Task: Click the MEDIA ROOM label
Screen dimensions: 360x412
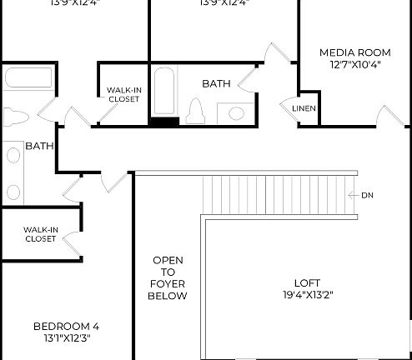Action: [354, 52]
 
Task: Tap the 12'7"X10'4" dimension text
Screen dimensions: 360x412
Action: [354, 65]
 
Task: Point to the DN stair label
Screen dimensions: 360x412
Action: [368, 195]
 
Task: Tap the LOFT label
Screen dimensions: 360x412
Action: [307, 282]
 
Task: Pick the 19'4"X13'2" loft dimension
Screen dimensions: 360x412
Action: [308, 294]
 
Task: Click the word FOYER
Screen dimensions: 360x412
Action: [168, 284]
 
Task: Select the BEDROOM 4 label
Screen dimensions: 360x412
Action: [72, 326]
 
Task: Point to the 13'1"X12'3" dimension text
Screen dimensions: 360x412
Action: [72, 337]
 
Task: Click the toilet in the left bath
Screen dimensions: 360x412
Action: [15, 116]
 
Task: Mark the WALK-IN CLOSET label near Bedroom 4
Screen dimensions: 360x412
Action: [40, 234]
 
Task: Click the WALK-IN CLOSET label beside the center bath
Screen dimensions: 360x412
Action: [123, 94]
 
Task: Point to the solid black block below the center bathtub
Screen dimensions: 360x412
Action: [163, 122]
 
